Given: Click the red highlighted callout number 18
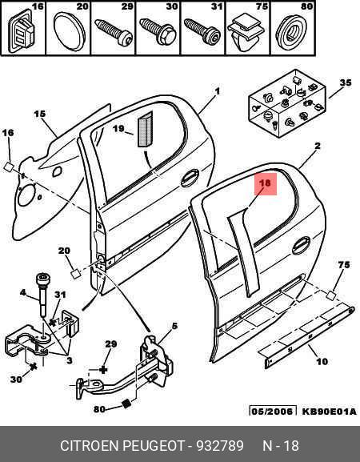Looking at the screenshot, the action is click(266, 184).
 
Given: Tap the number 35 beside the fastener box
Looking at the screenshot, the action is click(346, 82).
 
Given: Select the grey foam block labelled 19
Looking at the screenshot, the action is click(145, 130).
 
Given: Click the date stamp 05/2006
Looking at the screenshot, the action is click(272, 412).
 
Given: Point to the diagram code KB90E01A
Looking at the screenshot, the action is click(329, 412).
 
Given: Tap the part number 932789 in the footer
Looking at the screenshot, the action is click(220, 445).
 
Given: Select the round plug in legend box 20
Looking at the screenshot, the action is click(69, 31).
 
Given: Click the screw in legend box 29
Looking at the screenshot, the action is click(114, 32).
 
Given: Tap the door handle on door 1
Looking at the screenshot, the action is click(190, 178).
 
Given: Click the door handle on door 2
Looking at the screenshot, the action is click(301, 245).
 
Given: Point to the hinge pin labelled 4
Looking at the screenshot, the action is click(42, 294).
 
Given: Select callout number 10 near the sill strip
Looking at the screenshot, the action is click(322, 361).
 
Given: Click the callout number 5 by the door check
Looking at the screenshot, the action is click(174, 326).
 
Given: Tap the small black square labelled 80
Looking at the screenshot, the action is click(126, 404).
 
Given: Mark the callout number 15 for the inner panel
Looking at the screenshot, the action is click(40, 114).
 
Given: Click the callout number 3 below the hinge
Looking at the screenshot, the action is click(70, 360).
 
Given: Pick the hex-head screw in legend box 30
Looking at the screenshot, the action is click(158, 31).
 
